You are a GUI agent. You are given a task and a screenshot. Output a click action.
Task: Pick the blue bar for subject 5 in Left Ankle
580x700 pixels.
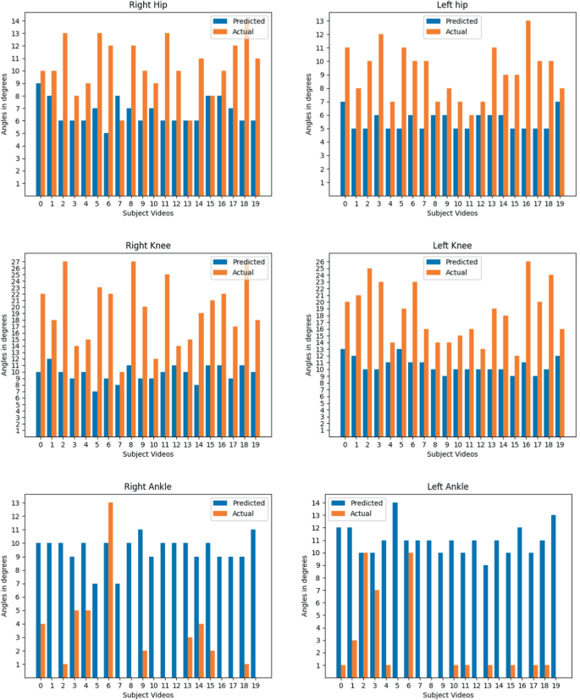(x=395, y=589)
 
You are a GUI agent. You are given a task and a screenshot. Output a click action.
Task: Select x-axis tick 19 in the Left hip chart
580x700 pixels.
(x=559, y=203)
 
